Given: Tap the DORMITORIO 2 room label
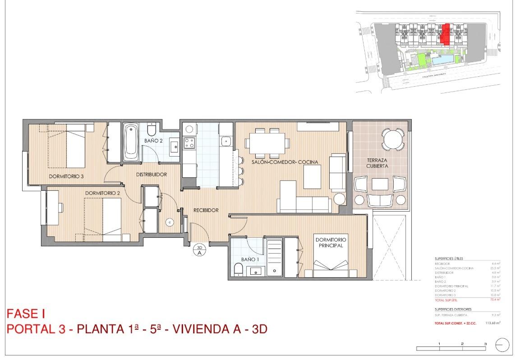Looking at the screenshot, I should point(102,193).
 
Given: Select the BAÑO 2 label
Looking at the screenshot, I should point(153,141).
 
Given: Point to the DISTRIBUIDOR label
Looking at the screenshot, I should point(152,174).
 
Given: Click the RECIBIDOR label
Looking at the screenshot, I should point(206,210).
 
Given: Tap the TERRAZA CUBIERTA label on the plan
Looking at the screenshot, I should point(377,163).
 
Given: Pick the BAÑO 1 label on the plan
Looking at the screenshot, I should point(250,259).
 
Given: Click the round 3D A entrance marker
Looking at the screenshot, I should point(199,250).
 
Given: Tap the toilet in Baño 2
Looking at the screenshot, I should point(151,130).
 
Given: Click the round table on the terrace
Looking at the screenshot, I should point(393,139).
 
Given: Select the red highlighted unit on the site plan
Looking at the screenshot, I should point(446,35).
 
